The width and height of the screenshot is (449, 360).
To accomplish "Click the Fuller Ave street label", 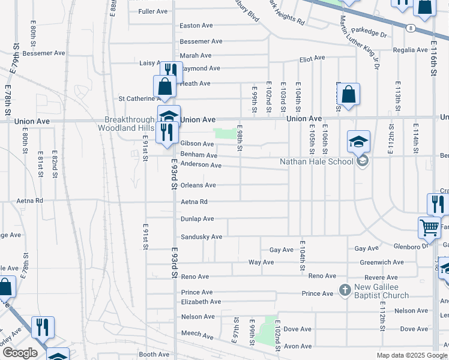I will (x=152, y=11).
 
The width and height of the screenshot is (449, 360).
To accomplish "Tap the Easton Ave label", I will (x=197, y=26).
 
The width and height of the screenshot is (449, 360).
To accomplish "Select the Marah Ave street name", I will (x=196, y=55).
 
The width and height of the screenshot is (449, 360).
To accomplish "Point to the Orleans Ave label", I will (x=198, y=185).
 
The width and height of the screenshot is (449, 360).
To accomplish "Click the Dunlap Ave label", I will (x=197, y=219).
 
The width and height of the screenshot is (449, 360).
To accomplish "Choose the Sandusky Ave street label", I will (x=202, y=237).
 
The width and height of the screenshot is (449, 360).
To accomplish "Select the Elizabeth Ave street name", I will (x=201, y=302).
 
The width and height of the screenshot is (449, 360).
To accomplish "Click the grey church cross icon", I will (x=345, y=290).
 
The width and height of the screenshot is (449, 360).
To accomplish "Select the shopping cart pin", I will (x=429, y=227).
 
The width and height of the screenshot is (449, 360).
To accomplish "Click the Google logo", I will (x=19, y=353).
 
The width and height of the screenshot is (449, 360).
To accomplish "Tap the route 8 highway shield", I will (x=411, y=28).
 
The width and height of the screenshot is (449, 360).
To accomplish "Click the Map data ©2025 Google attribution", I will (x=411, y=355).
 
